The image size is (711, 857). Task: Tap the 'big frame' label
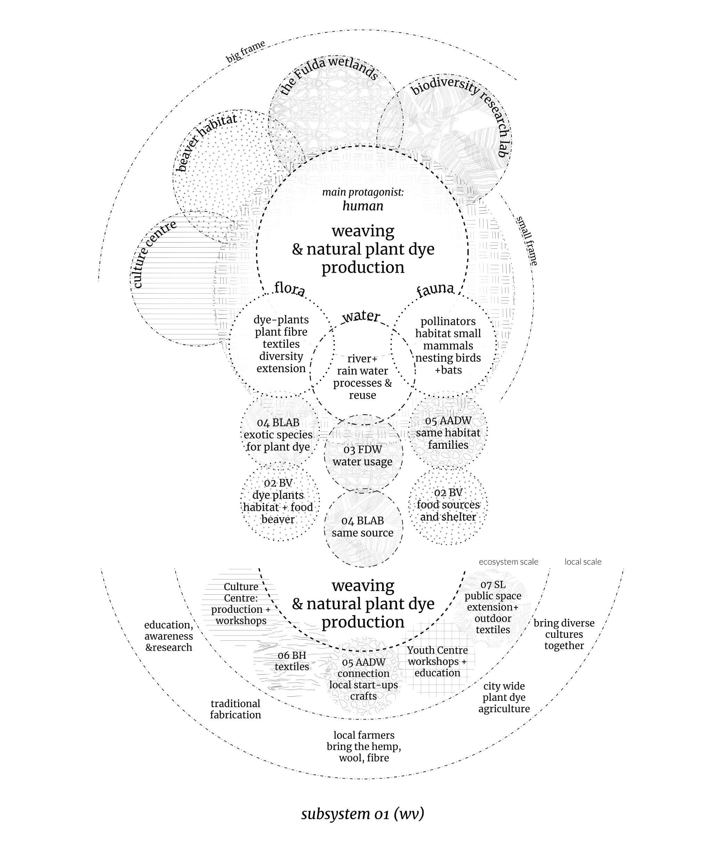click(x=245, y=51)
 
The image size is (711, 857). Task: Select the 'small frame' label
click(x=527, y=241)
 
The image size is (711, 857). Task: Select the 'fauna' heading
click(x=435, y=289)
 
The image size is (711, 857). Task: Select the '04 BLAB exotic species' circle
click(x=280, y=432)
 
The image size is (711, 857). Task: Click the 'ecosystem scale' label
click(x=508, y=562)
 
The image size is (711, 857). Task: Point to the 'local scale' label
click(x=583, y=562)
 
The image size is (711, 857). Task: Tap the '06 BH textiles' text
click(x=292, y=661)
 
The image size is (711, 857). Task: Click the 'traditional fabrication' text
click(x=235, y=709)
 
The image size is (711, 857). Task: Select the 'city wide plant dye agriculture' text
click(x=504, y=697)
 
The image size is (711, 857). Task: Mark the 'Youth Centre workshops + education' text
click(x=437, y=661)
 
